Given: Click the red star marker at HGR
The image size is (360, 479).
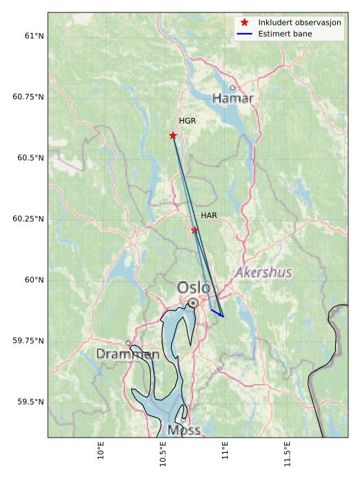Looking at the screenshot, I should click(173, 135).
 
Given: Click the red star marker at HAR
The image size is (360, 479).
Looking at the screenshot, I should click(194, 231).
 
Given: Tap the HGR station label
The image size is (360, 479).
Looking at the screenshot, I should click(188, 121).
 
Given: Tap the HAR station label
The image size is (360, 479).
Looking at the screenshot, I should click(209, 215).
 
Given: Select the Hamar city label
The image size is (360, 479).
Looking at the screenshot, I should click(232, 99).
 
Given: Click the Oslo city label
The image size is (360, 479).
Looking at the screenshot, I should click(194, 287).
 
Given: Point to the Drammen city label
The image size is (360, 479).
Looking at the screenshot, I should click(128, 354).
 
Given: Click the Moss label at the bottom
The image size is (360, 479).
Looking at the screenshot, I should click(184, 430).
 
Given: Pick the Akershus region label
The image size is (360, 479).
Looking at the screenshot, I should click(263, 273).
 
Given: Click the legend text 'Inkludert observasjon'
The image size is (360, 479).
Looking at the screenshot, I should click(299, 23).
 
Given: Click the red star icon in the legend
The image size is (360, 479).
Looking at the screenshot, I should click(244, 23).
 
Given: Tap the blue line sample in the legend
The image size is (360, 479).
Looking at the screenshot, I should click(244, 34).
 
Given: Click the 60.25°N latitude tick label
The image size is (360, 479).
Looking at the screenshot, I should click(28, 219).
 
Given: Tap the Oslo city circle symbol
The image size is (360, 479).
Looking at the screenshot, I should click(193, 302).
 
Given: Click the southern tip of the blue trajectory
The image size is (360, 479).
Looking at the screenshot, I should click(223, 317).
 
